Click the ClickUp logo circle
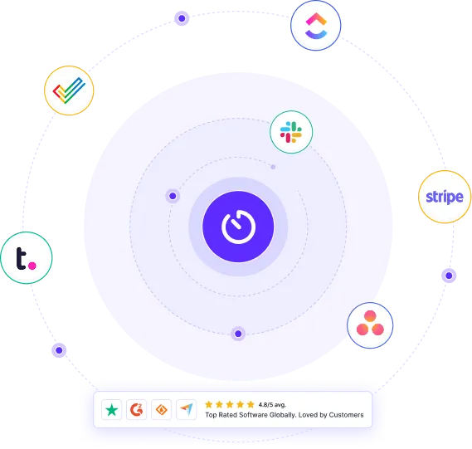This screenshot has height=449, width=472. pyautogui.click(x=316, y=26)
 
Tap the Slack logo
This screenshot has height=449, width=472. pyautogui.click(x=291, y=132)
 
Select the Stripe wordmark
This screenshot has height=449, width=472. pyautogui.click(x=445, y=197)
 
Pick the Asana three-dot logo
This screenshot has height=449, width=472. pyautogui.click(x=370, y=323)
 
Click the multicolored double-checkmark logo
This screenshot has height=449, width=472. pyautogui.click(x=69, y=90)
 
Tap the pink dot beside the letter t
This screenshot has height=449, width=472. pyautogui.click(x=32, y=266)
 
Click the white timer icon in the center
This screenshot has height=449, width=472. pyautogui.click(x=238, y=227)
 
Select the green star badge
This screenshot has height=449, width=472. pyautogui.click(x=112, y=409)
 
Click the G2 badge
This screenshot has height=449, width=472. pyautogui.click(x=136, y=409)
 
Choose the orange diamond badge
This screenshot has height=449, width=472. pyautogui.click(x=162, y=409)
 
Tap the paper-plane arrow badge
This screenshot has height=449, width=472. pyautogui.click(x=187, y=409)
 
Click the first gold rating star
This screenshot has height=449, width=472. pyautogui.click(x=208, y=404)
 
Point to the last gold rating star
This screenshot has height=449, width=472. pyautogui.click(x=251, y=404)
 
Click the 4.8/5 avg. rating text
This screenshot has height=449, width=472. pyautogui.click(x=272, y=405)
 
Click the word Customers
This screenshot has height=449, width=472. pyautogui.click(x=346, y=415)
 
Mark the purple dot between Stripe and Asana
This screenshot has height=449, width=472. pyautogui.click(x=449, y=276)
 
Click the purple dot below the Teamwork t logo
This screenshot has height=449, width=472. pyautogui.click(x=59, y=350)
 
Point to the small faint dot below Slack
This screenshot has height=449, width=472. pyautogui.click(x=273, y=167)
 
